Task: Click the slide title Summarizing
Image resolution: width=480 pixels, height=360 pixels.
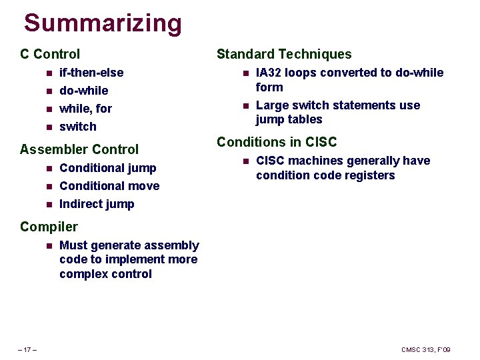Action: click(103, 23)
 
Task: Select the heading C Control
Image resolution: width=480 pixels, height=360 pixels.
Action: click(50, 54)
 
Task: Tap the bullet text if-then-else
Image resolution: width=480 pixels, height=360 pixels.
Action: click(91, 72)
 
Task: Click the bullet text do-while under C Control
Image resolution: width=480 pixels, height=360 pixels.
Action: click(83, 90)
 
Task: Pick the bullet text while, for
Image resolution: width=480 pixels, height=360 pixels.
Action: click(85, 108)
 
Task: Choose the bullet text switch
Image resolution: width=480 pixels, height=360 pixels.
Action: click(77, 126)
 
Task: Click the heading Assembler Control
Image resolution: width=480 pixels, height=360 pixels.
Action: click(79, 149)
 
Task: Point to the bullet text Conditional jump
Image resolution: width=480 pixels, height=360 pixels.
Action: click(107, 168)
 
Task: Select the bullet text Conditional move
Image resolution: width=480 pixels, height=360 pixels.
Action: click(109, 186)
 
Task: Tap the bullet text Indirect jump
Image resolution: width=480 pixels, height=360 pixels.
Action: click(97, 204)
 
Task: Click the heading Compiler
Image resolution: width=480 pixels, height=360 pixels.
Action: click(49, 227)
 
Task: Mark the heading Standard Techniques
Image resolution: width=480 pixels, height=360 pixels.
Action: click(284, 54)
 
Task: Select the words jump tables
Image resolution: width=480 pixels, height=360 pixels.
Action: click(289, 119)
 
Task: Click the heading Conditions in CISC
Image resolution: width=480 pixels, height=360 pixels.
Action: click(277, 142)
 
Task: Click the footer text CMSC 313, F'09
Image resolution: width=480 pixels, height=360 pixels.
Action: click(426, 350)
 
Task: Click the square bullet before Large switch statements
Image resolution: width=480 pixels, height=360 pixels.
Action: click(245, 105)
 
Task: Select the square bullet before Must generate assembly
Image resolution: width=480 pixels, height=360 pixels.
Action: click(48, 246)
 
